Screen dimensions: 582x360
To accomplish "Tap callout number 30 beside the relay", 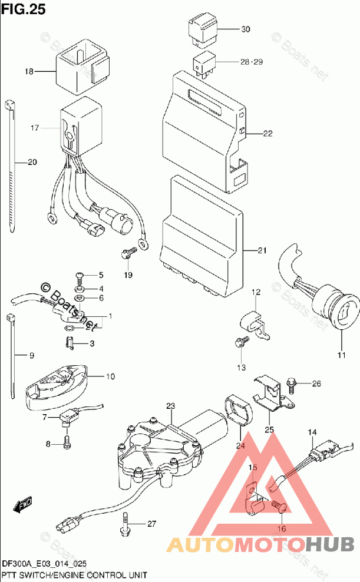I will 245,29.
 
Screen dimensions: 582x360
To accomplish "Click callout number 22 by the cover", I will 267,134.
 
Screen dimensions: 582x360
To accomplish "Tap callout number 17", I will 34,128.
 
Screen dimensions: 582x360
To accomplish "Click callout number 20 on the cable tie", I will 31,163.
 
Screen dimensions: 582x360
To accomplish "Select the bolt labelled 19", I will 126,254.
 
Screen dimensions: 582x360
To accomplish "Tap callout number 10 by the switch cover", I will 111,376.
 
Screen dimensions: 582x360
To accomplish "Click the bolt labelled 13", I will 240,342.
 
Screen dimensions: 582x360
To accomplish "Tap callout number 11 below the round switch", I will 341,355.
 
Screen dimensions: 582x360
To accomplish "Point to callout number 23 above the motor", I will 171,406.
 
